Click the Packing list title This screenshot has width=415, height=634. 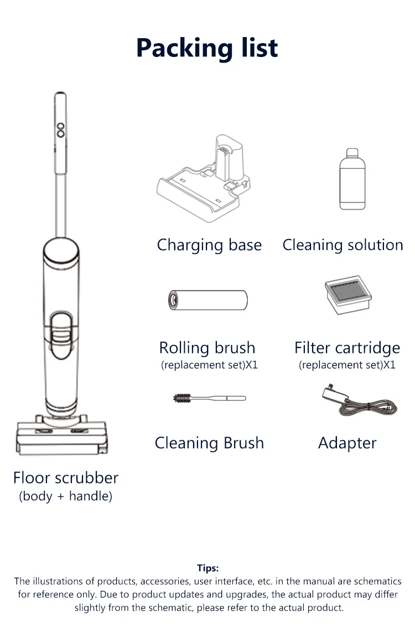pos(207,48)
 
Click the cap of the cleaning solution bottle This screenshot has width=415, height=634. pos(352,153)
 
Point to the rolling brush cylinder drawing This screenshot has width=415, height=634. pos(208,300)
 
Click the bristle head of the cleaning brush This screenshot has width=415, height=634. pos(183,398)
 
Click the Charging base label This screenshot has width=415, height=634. pos(209,245)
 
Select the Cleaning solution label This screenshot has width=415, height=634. pos(343,245)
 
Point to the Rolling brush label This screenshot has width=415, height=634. pos(207,348)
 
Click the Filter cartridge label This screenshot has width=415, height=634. pos(347,348)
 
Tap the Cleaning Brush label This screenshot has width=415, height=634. pos(209,443)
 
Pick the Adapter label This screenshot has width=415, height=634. pos(347,443)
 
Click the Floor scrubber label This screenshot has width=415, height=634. pos(66,478)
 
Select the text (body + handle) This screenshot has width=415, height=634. pos(66,496)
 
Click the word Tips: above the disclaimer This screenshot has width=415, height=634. pos(207,568)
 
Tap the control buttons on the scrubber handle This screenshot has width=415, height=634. pos(60,129)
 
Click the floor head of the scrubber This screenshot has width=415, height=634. pos(61,435)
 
